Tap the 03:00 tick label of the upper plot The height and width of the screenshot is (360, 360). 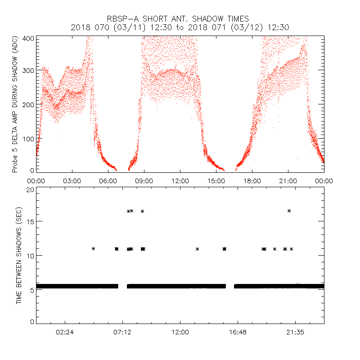click(x=72, y=181)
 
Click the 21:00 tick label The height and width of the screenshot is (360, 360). click(x=288, y=181)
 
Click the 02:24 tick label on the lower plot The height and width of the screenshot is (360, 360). click(x=65, y=332)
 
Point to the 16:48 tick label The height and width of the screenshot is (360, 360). click(x=238, y=332)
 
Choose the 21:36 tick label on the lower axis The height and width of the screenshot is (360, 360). click(x=295, y=332)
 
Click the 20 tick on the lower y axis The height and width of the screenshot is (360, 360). click(x=30, y=189)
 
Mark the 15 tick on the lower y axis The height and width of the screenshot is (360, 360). click(x=30, y=221)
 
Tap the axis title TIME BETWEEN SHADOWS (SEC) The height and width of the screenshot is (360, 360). click(x=19, y=256)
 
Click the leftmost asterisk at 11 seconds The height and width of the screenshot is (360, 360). click(x=94, y=249)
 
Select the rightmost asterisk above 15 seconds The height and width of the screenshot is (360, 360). click(x=289, y=211)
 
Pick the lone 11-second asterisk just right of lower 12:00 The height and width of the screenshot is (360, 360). click(x=197, y=249)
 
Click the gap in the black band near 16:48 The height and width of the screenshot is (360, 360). click(x=230, y=286)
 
